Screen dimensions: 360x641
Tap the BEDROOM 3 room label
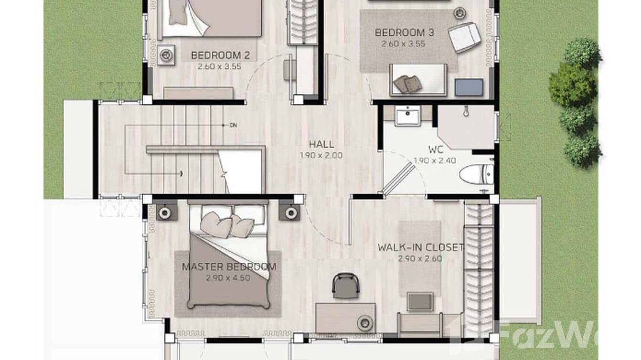(404, 32)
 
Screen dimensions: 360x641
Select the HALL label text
(321, 144)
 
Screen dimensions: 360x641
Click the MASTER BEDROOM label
(228, 267)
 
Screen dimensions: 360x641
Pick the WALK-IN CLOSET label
(420, 247)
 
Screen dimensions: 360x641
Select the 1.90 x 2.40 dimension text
(435, 160)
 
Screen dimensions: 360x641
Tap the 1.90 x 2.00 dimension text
(321, 155)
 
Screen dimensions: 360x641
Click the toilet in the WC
(477, 174)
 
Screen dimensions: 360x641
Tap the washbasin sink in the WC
(408, 116)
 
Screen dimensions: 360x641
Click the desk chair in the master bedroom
(345, 286)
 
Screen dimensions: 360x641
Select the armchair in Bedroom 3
(464, 37)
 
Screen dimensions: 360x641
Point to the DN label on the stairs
(233, 125)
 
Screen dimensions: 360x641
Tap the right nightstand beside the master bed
(289, 212)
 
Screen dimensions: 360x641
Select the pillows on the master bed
(227, 225)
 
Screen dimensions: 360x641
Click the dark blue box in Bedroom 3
(469, 87)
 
